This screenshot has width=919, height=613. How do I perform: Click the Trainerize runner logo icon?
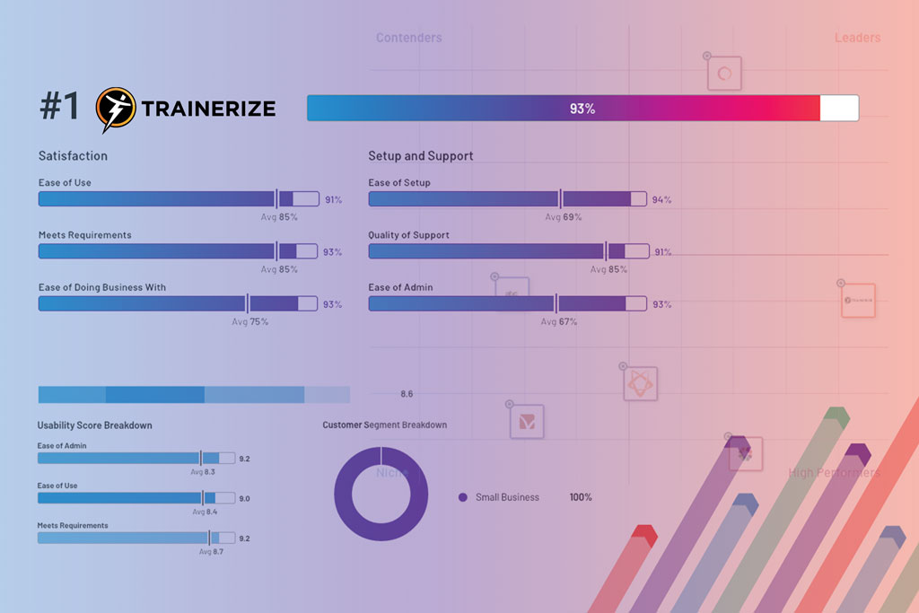[x=116, y=108]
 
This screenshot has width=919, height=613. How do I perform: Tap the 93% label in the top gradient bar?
[x=582, y=109]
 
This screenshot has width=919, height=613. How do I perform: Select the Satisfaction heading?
[x=73, y=156]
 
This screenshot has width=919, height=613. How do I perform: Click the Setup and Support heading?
[x=420, y=156]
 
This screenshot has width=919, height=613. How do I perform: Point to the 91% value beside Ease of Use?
[x=333, y=200]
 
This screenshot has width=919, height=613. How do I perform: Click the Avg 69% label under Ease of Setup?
[x=564, y=217]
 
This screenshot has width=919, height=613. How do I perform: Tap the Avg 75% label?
[x=250, y=321]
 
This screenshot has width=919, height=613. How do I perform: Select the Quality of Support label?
[x=408, y=235]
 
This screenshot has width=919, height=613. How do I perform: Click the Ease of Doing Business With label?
[x=101, y=287]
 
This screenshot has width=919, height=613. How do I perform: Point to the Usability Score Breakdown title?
[x=94, y=425]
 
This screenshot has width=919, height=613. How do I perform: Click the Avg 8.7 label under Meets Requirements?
[x=211, y=552]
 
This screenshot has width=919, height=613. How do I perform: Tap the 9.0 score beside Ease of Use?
[x=244, y=499]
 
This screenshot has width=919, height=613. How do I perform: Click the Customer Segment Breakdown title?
[x=384, y=425]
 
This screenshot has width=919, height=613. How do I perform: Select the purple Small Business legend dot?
[x=463, y=497]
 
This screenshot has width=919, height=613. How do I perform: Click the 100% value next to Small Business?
[x=581, y=497]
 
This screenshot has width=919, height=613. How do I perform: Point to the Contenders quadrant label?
[x=408, y=38]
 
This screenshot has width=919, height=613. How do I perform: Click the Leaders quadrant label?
[x=857, y=38]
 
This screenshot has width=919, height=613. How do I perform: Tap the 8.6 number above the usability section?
[x=407, y=394]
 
